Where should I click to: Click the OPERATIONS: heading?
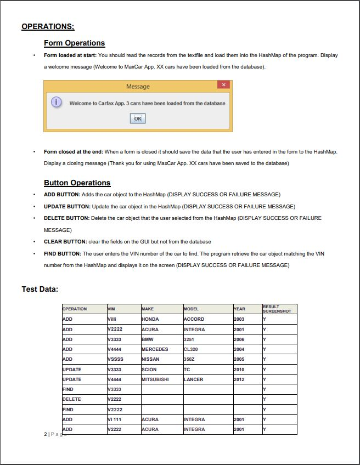tap(48, 26)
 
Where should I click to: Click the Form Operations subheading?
tap(74, 43)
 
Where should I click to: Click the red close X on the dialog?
tap(223, 85)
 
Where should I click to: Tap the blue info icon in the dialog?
tap(56, 103)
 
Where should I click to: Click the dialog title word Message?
tap(138, 87)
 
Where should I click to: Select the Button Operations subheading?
tap(77, 183)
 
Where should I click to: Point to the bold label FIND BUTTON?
tap(63, 253)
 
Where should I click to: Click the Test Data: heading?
tap(40, 289)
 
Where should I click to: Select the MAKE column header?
tap(148, 309)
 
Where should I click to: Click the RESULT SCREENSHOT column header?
tap(277, 309)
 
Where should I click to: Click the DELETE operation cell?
tap(71, 399)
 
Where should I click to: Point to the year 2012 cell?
tap(239, 379)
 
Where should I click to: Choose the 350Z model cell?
tap(190, 359)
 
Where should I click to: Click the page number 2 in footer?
tap(45, 434)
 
